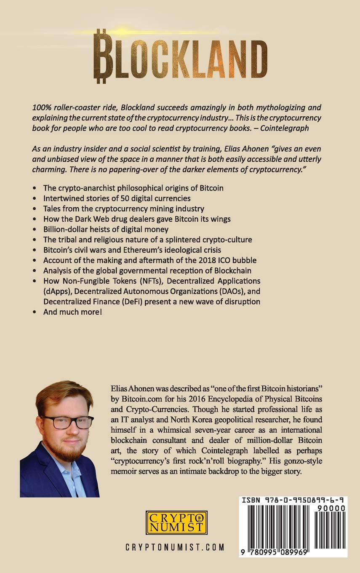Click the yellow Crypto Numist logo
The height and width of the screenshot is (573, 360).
pos(177,522)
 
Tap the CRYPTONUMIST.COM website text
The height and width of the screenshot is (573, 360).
pos(175,547)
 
